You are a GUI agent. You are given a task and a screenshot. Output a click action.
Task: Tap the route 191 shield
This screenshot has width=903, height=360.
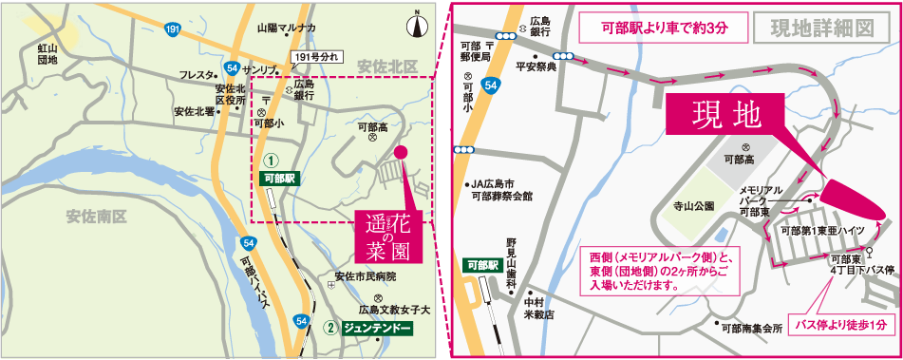click(x=171, y=31)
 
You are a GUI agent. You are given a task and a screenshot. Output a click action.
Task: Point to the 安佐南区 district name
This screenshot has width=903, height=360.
click(x=96, y=217)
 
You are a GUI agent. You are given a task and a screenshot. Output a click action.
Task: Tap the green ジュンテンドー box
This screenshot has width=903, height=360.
click(x=377, y=329)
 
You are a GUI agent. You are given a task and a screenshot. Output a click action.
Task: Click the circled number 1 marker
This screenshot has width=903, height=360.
click(x=271, y=161)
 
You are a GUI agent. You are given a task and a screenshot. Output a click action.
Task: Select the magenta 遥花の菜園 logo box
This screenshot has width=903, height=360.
click(x=387, y=237)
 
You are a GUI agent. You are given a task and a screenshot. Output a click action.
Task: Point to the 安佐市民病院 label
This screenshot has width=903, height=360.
click(x=365, y=276)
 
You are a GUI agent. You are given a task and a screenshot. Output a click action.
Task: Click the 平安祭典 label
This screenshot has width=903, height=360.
click(x=536, y=67)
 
